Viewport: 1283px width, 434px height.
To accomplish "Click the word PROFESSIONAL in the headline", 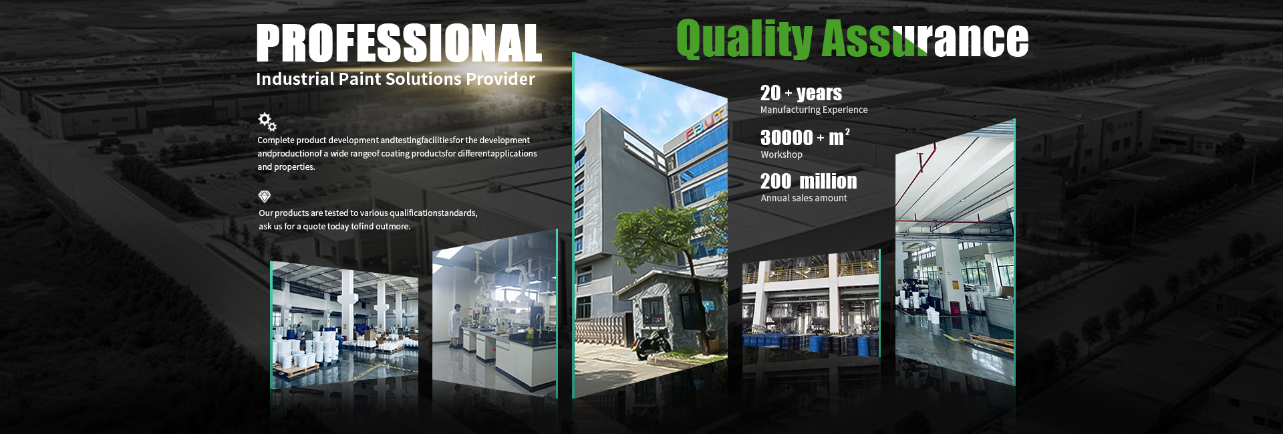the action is coord(399,43).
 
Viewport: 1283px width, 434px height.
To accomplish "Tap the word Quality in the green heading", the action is coord(744,38).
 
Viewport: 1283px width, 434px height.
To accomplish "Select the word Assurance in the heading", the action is coord(925,38).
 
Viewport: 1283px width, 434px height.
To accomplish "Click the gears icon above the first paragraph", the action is coord(267,122).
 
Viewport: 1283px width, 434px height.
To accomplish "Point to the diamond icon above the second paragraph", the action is coord(265,196).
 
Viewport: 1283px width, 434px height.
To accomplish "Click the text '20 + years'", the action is coord(801,93).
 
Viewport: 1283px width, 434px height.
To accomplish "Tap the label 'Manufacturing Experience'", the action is coord(814,110).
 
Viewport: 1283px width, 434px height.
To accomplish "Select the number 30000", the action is coord(787,138).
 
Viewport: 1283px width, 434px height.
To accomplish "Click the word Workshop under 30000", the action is coord(781,154).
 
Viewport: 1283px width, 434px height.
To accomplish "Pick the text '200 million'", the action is coord(809,181).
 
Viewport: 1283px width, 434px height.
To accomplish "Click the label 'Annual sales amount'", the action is coord(804,198).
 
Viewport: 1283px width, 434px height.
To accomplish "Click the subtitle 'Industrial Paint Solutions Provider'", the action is coord(396,79).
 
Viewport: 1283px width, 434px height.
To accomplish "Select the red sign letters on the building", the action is coord(704,125).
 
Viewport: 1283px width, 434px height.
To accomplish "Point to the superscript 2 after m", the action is coord(847,132).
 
